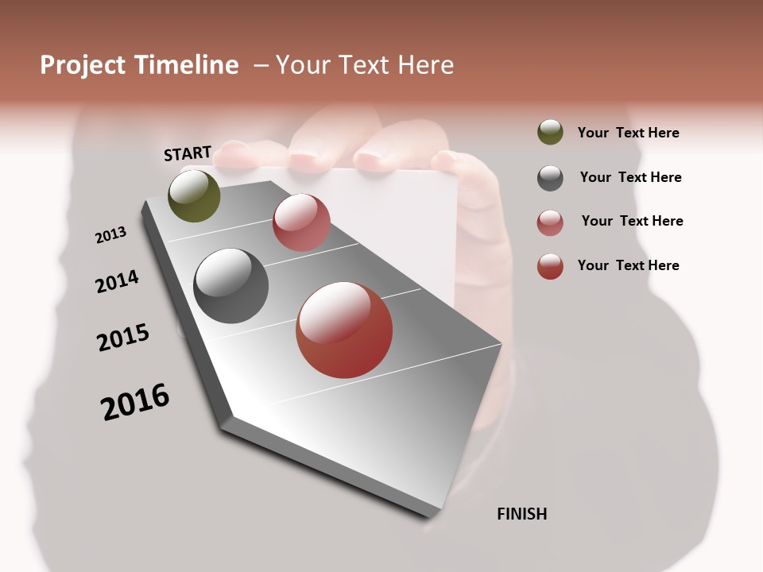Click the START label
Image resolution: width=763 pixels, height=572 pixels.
tap(188, 153)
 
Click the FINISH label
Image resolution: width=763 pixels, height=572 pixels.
tap(521, 514)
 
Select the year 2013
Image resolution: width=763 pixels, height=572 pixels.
tap(110, 235)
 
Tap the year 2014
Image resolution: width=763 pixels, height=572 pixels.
tap(117, 282)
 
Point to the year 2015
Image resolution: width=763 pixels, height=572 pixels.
tap(123, 338)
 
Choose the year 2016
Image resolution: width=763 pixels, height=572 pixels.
tap(135, 402)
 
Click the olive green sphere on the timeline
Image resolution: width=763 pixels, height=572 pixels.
tap(194, 195)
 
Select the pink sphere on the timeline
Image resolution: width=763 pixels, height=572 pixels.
tap(301, 222)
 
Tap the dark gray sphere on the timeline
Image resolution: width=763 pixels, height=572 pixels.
tap(230, 286)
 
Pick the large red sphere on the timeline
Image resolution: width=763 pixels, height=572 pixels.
tap(344, 330)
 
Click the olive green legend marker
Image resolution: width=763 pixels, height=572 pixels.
tap(550, 133)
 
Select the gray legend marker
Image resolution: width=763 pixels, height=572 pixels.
tap(550, 178)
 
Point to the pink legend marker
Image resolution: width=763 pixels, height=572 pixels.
tap(550, 222)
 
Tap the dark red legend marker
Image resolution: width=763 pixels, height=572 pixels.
tap(550, 266)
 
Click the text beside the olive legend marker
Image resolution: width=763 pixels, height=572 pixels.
tap(628, 133)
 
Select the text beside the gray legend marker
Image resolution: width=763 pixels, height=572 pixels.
tap(630, 177)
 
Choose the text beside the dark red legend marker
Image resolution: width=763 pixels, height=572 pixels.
tap(628, 265)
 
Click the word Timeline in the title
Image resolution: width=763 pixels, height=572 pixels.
tap(186, 65)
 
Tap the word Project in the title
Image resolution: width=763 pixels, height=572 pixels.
tap(82, 65)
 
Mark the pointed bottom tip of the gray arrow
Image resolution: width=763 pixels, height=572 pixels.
tap(430, 517)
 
